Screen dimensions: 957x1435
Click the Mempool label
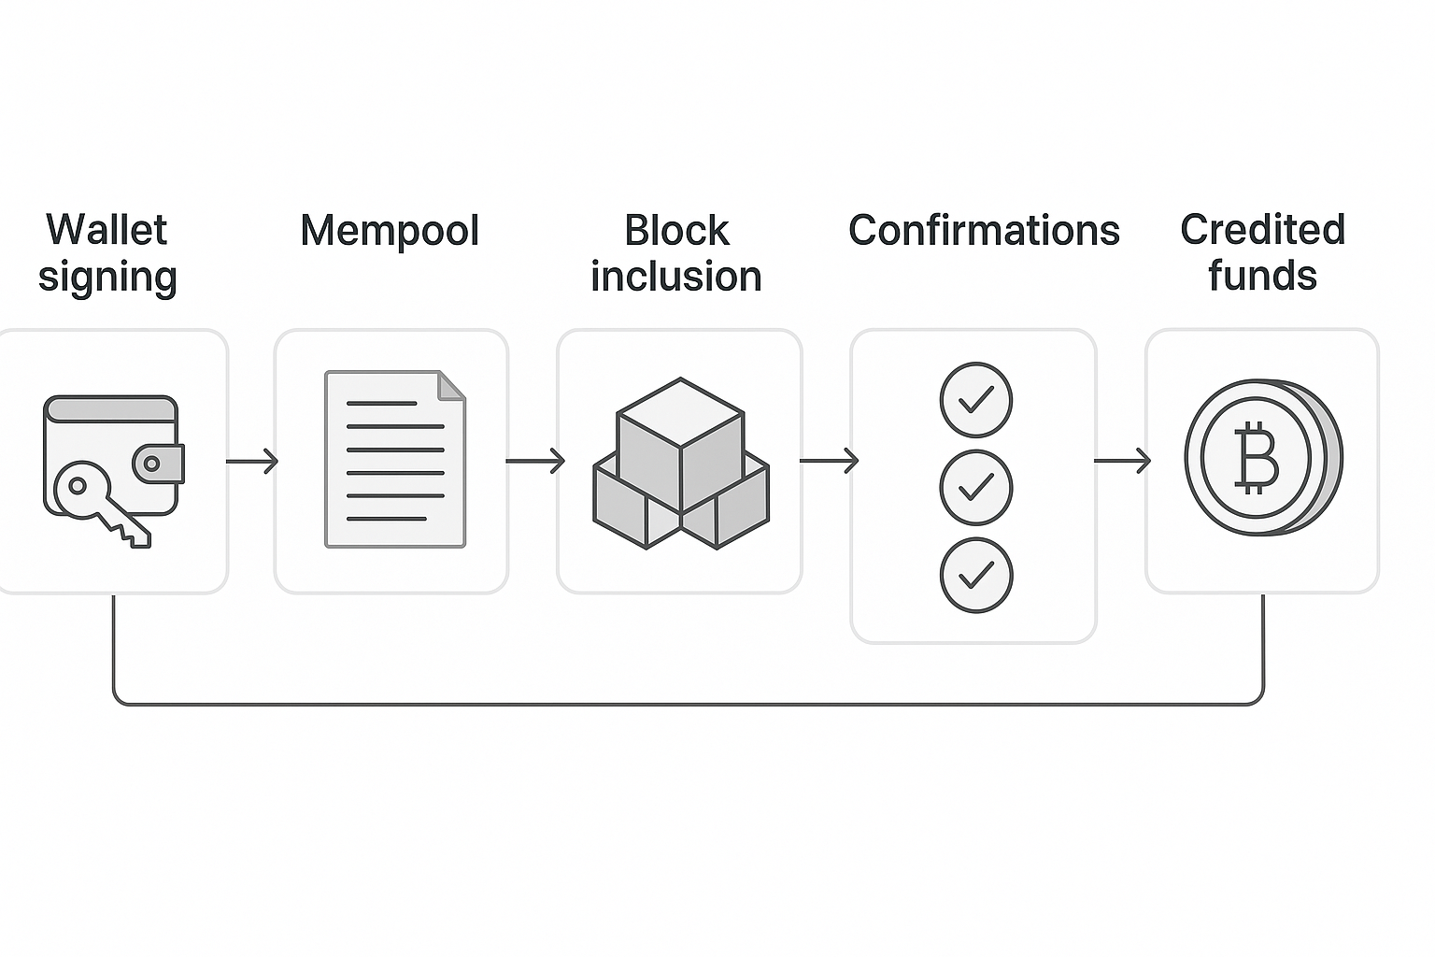tap(390, 231)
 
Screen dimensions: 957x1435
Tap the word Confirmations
tap(984, 231)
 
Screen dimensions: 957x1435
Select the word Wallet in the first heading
tap(107, 230)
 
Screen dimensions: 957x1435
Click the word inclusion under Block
tap(676, 277)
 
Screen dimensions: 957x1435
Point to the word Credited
tap(1262, 230)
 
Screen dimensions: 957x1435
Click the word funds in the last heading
tap(1262, 277)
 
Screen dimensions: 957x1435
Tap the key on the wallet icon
tap(98, 505)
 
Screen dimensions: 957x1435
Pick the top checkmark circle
tap(975, 400)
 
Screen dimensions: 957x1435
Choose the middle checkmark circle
tap(975, 487)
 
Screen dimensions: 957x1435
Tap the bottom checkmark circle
tap(975, 575)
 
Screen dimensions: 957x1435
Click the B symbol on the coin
tap(1257, 457)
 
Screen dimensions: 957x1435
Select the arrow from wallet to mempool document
tap(252, 461)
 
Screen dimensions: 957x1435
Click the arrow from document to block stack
tap(535, 461)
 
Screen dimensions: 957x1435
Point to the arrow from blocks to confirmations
tap(829, 461)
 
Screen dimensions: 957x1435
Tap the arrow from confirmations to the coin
tap(1122, 461)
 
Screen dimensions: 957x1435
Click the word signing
tap(107, 278)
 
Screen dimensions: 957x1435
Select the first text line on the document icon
tap(381, 404)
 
